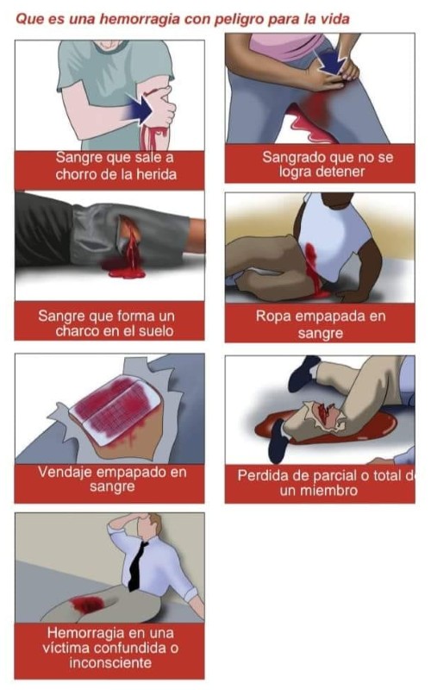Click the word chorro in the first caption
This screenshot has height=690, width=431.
click(x=74, y=174)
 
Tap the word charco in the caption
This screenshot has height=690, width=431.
click(x=74, y=330)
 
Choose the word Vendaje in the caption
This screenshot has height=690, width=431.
click(x=66, y=472)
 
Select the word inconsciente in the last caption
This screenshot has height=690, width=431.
click(x=110, y=662)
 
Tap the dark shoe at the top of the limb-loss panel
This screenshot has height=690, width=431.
click(x=304, y=373)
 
